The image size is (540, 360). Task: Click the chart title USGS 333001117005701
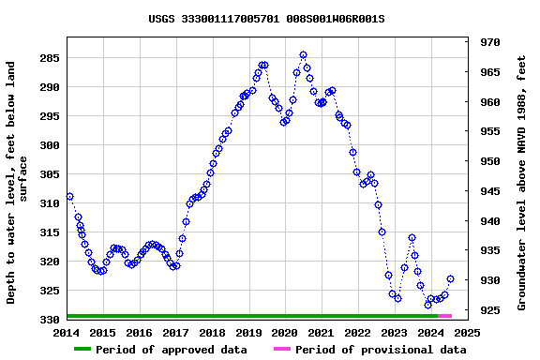tap(266, 19)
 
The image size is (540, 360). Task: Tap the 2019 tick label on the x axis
tap(248, 332)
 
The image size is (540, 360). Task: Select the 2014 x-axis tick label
tap(67, 332)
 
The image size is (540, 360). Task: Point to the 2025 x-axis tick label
tap(467, 332)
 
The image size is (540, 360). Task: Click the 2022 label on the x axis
tap(358, 332)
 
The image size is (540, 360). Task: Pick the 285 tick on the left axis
tap(49, 58)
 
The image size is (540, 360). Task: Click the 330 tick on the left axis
tap(49, 320)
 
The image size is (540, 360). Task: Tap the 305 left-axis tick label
tap(49, 174)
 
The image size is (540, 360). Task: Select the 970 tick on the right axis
tap(489, 42)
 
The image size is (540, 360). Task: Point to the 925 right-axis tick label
tap(489, 309)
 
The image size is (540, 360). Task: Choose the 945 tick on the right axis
tap(489, 191)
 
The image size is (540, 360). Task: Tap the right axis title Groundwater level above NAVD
tap(522, 183)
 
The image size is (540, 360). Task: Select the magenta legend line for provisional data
tap(281, 350)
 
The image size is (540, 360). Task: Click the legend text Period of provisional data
tap(381, 350)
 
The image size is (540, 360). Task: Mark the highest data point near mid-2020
tap(303, 55)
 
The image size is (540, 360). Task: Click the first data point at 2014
tap(69, 197)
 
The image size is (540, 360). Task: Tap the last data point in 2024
tap(450, 278)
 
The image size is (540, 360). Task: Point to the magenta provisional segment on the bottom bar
tap(444, 316)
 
